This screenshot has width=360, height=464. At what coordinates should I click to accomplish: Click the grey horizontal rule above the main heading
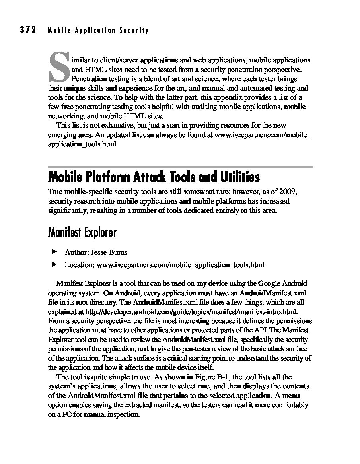coord(180,167)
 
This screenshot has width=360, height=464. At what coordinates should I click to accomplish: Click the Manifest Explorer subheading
coord(82,232)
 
